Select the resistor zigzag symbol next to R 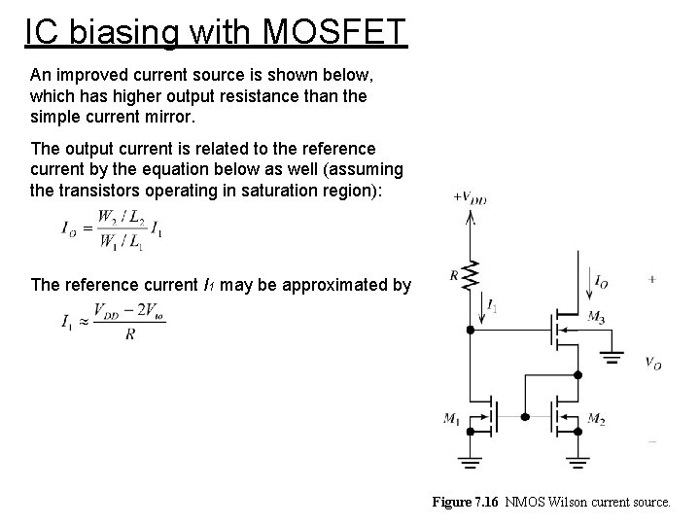coord(472,275)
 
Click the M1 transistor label coord(452,419)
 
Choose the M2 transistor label coord(596,419)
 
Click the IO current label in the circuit coord(603,281)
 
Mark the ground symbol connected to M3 coord(612,354)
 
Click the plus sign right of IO coord(650,279)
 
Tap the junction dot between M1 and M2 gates coord(525,416)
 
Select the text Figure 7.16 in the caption coord(465,503)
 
